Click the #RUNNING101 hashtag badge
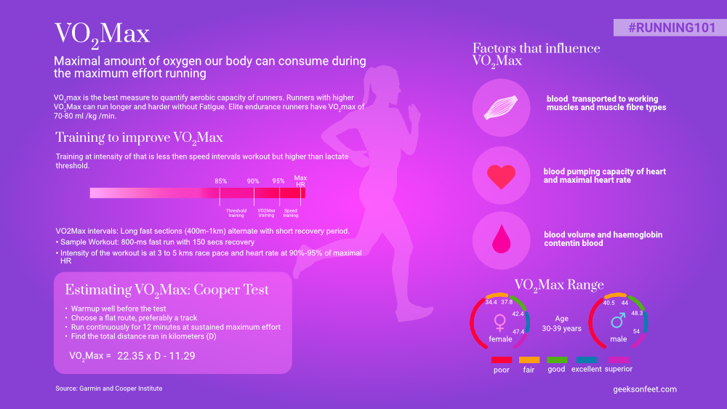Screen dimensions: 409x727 [x=670, y=27]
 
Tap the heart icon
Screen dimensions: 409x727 [x=501, y=176]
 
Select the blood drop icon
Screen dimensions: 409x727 [x=501, y=239]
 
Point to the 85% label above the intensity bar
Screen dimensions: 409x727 [x=220, y=181]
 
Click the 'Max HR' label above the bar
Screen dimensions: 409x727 [x=300, y=180]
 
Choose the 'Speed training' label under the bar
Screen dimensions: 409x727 [x=290, y=213]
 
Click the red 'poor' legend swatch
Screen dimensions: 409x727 [x=502, y=360]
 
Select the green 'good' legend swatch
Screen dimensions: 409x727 [x=557, y=360]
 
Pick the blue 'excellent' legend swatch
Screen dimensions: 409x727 [x=587, y=360]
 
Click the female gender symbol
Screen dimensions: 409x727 [x=500, y=321]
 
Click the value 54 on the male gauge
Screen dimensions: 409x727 [x=637, y=331]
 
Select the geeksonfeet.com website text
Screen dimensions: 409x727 [x=645, y=389]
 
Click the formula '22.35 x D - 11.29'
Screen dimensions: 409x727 [x=156, y=356]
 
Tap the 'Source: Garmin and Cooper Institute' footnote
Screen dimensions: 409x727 [x=109, y=389]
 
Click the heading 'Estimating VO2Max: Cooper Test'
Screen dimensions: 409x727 [x=167, y=290]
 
